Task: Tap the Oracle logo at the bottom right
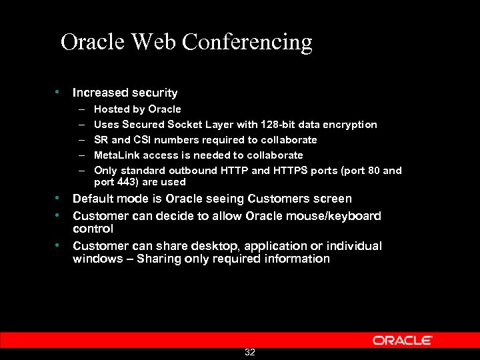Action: [x=402, y=340]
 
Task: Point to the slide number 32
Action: [x=250, y=352]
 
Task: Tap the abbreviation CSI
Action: [x=145, y=140]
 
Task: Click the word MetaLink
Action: [x=117, y=155]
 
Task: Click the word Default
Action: [x=93, y=199]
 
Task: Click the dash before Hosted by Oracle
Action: [x=81, y=109]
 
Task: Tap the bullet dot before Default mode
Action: [x=59, y=199]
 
